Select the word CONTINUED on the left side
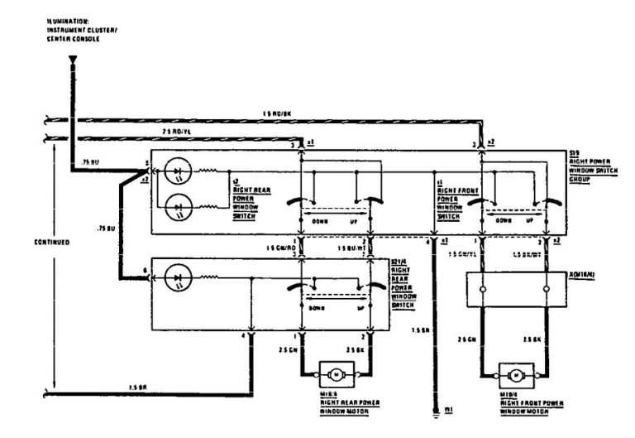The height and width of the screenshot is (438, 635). [x=28, y=243]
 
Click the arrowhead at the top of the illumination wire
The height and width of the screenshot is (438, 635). [x=71, y=60]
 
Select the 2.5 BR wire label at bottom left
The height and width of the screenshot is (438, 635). [x=136, y=387]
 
